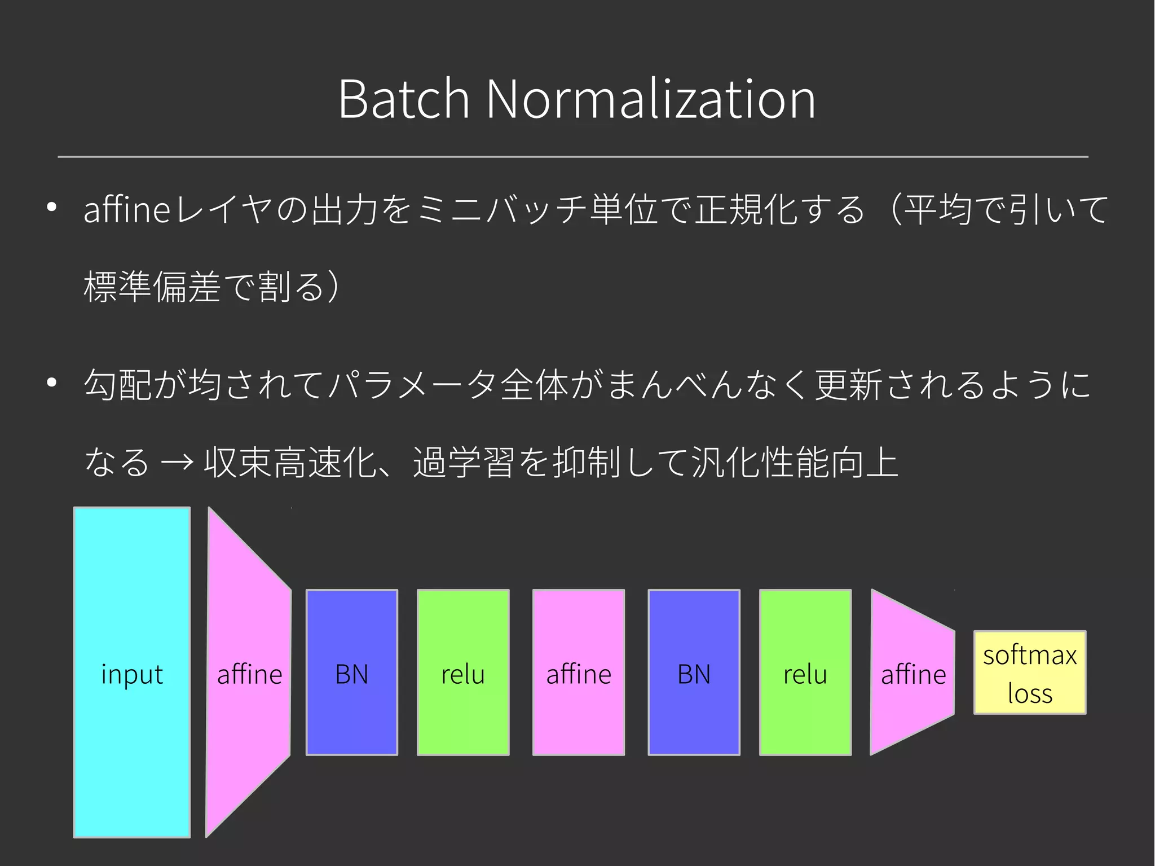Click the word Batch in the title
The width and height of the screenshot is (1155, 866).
pyautogui.click(x=404, y=99)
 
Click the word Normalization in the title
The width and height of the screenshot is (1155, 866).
pyautogui.click(x=650, y=99)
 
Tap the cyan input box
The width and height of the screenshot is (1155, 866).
pyautogui.click(x=132, y=671)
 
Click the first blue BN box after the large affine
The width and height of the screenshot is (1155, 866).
pyautogui.click(x=352, y=672)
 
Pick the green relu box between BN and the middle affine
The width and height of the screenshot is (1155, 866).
pyautogui.click(x=463, y=672)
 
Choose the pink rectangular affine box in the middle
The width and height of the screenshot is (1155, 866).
pyautogui.click(x=579, y=672)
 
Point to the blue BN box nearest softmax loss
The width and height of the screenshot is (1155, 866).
pyautogui.click(x=694, y=672)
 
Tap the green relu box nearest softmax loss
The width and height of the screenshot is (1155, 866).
pyautogui.click(x=805, y=672)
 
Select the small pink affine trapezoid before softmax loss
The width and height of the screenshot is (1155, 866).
pyautogui.click(x=913, y=672)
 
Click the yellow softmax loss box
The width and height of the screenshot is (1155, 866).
pyautogui.click(x=1030, y=672)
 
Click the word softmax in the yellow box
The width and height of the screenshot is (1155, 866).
pyautogui.click(x=1030, y=655)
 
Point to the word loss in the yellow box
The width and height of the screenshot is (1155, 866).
pyautogui.click(x=1030, y=693)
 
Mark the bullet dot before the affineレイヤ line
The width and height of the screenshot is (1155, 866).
pyautogui.click(x=52, y=208)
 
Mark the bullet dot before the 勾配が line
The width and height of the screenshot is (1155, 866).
pyautogui.click(x=52, y=383)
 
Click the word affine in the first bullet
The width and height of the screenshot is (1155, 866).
pyautogui.click(x=127, y=209)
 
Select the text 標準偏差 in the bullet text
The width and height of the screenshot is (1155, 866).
pyautogui.click(x=152, y=287)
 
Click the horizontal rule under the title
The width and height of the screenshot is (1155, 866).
pyautogui.click(x=573, y=157)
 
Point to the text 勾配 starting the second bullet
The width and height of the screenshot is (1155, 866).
pyautogui.click(x=118, y=384)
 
